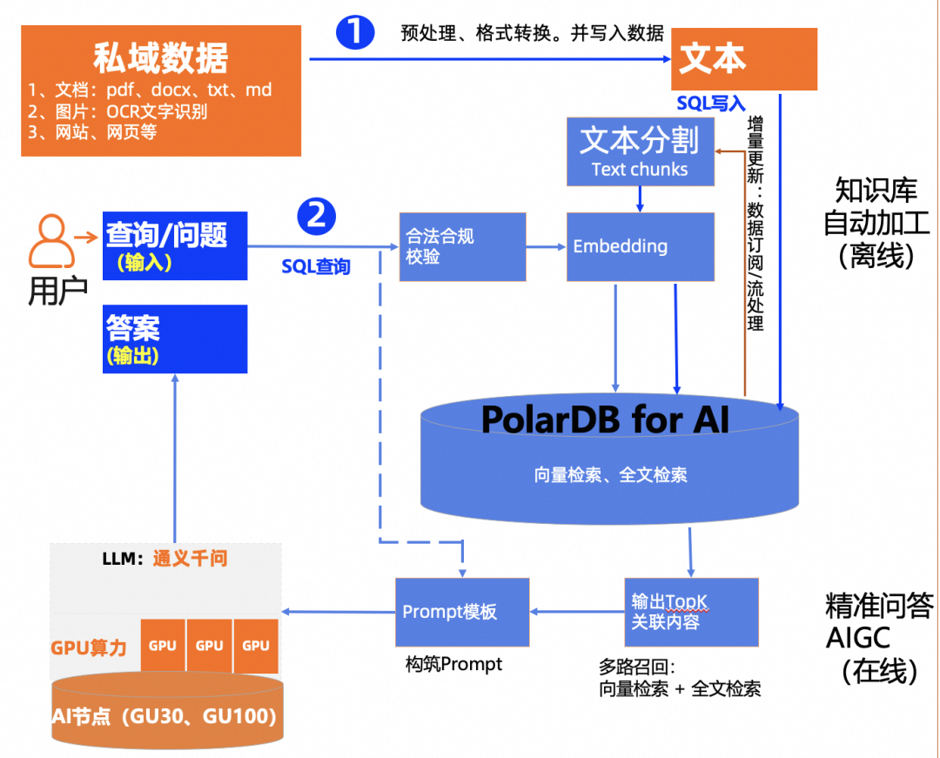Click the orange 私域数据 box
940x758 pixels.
[161, 91]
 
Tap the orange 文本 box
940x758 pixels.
[744, 59]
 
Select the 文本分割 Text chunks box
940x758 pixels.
[640, 151]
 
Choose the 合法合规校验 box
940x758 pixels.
[462, 246]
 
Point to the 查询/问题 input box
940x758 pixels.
[174, 245]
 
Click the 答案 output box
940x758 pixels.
[174, 339]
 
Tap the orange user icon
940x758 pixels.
[51, 241]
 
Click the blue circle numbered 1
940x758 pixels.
[355, 32]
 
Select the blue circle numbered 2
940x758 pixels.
[317, 216]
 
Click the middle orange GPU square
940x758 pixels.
[209, 646]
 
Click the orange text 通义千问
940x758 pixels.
[190, 559]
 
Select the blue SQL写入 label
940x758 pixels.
[711, 104]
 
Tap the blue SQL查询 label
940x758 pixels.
[316, 266]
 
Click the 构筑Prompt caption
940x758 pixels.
[453, 664]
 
